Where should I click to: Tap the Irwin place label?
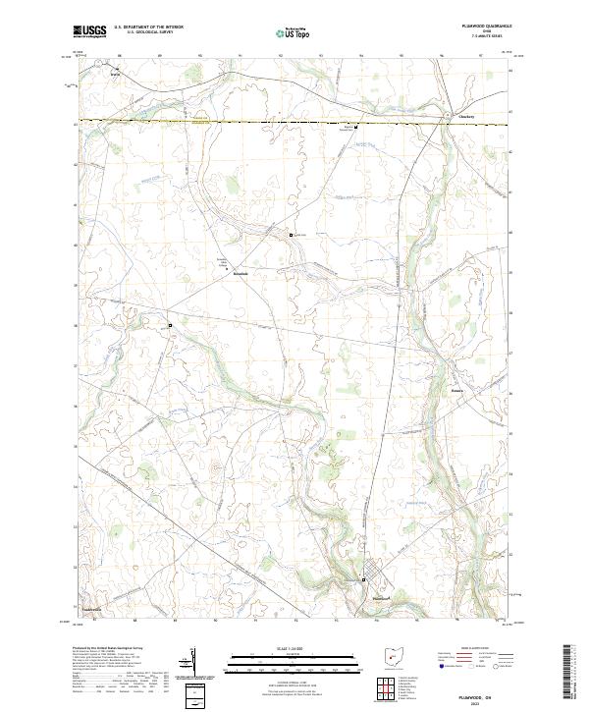click(114, 71)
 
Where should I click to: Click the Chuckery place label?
click(467, 117)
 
